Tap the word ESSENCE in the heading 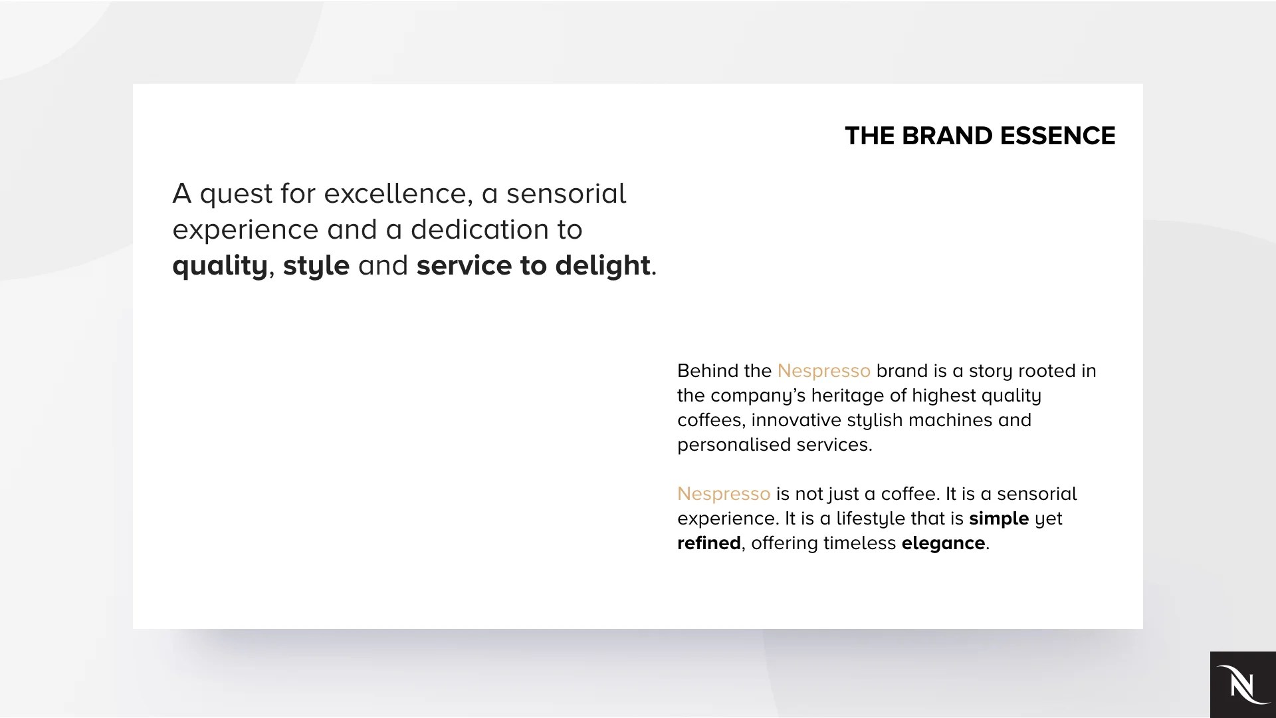(1057, 136)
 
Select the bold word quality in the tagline (219, 266)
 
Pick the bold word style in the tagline (316, 266)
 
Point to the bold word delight (602, 265)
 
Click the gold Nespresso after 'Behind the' (823, 371)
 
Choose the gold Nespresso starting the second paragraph (723, 494)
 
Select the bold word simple (998, 519)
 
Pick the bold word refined (708, 543)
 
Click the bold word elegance (942, 543)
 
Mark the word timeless (859, 543)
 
